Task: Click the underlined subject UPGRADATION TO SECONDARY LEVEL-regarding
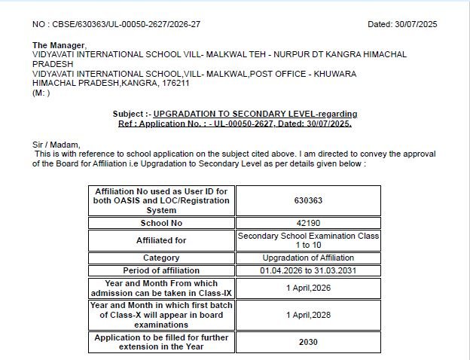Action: point(255,114)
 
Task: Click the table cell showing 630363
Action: point(308,201)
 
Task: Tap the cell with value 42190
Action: point(308,223)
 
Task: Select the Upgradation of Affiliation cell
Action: point(308,258)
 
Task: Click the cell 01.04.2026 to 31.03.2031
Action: point(308,270)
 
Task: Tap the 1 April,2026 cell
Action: point(308,288)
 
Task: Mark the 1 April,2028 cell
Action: point(308,315)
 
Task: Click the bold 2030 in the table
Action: point(308,342)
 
